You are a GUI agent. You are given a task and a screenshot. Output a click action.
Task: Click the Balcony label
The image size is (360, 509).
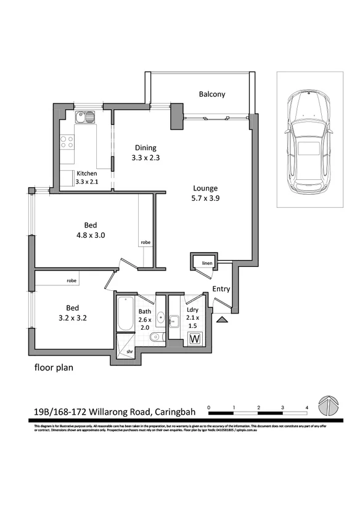[x=211, y=94]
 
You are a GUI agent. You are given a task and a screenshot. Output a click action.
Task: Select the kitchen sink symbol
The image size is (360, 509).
[x=85, y=117]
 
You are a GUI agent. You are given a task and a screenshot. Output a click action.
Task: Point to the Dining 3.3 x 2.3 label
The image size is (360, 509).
[x=144, y=152]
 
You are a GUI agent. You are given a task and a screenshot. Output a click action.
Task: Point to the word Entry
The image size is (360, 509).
[x=221, y=289]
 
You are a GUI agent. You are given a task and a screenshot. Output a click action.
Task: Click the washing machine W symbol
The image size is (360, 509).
[x=195, y=338]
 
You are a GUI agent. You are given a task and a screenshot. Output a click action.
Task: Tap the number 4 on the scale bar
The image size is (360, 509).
[x=306, y=407]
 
